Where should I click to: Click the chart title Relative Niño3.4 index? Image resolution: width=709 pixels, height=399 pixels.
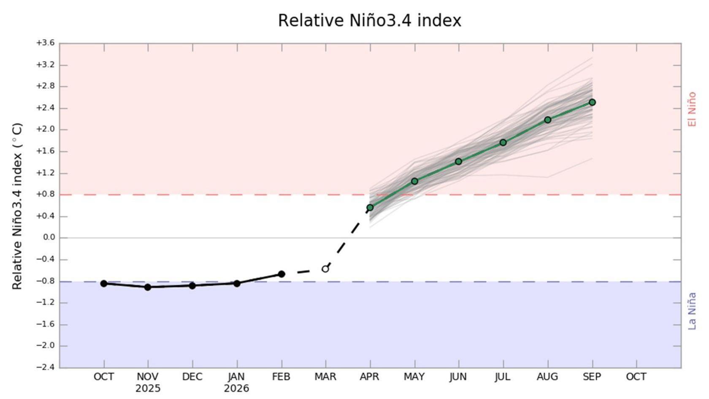369,21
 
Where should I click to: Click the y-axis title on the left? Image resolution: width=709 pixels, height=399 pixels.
17,206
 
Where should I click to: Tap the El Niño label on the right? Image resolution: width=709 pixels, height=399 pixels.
692,109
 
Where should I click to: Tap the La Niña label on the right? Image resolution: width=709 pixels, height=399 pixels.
692,311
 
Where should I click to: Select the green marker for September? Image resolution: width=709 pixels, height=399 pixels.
592,102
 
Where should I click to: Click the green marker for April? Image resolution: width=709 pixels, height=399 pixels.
370,207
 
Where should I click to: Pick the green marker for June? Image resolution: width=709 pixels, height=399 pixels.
458,161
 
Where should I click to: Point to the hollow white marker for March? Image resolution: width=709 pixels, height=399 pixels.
325,269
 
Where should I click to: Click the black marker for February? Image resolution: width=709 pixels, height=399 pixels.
281,274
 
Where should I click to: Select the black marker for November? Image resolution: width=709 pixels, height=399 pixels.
148,287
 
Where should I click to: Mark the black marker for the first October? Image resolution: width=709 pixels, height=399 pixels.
104,283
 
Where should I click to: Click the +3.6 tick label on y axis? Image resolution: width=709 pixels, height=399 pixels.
45,43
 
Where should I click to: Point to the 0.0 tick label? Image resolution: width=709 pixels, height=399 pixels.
49,238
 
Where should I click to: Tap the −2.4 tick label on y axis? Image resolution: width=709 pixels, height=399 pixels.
45,367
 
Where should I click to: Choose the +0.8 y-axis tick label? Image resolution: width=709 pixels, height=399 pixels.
45,195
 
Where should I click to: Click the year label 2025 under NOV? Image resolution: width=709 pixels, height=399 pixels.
148,388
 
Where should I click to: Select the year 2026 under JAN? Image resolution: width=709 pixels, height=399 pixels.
236,388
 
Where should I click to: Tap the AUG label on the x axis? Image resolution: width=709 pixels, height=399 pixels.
547,377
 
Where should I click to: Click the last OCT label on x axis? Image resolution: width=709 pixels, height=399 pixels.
636,377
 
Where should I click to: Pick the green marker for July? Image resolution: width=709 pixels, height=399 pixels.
503,142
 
